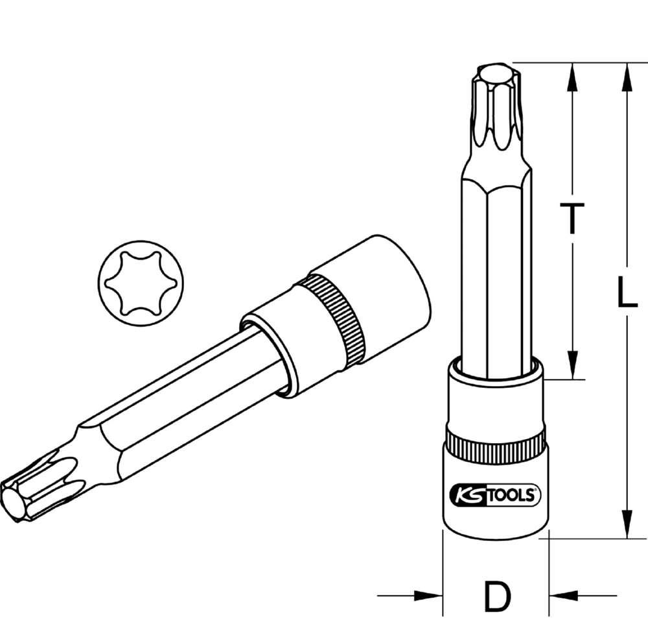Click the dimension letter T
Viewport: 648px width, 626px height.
click(x=572, y=218)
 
